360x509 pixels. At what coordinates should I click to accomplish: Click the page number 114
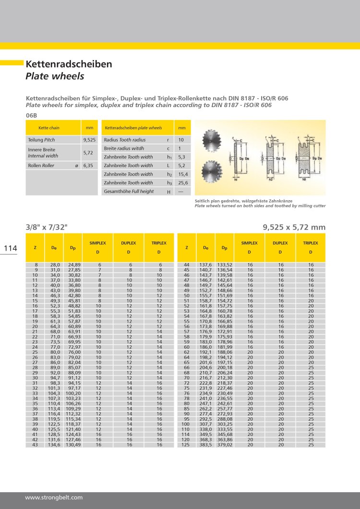tap(11, 248)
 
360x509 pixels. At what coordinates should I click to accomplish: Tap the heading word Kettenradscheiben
tap(69, 64)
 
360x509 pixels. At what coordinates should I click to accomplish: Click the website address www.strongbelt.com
tap(54, 497)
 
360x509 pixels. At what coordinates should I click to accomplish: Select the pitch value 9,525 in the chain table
tap(89, 139)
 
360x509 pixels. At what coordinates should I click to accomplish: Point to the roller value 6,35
tap(88, 165)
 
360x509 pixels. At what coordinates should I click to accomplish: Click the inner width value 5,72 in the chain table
tap(88, 152)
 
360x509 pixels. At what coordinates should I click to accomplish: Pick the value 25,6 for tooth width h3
tap(181, 182)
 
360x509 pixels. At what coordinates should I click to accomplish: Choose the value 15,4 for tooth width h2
tap(181, 174)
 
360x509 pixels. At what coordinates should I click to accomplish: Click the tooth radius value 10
tap(181, 139)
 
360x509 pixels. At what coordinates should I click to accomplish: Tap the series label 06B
tap(31, 115)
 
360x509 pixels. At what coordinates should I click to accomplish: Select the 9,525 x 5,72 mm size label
tap(294, 227)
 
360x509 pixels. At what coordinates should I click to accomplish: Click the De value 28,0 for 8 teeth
tap(55, 265)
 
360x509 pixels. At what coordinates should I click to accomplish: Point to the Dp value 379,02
tap(225, 445)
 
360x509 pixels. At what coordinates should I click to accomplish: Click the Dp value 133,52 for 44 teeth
tap(225, 265)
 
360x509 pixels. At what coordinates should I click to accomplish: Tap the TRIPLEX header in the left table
tap(159, 243)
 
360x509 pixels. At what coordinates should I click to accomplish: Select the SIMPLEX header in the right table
tap(250, 243)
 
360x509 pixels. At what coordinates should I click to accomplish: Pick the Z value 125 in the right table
tap(185, 445)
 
